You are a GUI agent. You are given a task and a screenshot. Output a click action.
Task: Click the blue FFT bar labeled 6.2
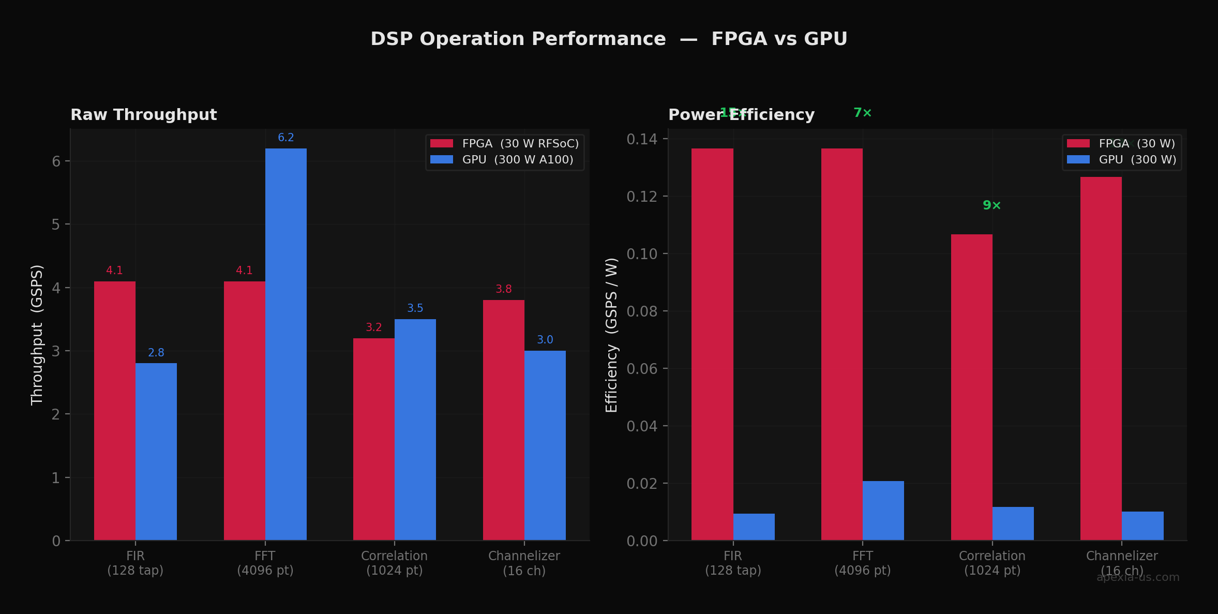[285, 344]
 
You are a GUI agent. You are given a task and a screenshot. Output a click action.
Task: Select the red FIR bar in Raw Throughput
[114, 411]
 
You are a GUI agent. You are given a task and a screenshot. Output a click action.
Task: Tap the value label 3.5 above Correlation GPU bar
[415, 308]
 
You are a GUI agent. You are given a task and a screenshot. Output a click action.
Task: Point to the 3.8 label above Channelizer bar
[503, 289]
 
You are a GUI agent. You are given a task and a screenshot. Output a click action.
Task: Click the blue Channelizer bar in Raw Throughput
[545, 445]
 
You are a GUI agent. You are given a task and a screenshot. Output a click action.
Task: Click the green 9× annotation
[991, 205]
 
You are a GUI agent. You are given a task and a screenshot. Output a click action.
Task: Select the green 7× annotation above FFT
[862, 113]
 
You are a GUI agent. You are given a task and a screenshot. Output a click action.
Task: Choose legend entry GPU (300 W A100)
[517, 160]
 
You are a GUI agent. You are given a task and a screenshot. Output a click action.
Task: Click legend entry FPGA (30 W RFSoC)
[520, 144]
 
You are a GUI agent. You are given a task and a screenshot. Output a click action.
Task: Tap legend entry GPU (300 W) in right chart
[1137, 160]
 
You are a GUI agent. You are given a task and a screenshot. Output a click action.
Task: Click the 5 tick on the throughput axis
[56, 224]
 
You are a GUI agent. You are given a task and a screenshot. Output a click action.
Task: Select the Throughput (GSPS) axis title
[37, 335]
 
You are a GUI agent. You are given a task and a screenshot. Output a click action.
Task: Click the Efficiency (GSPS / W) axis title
[611, 335]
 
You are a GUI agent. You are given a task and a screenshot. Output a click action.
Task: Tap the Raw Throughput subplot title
[143, 115]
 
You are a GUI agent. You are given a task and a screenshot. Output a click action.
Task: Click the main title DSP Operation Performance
[609, 39]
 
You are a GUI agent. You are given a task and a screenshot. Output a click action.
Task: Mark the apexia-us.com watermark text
[1138, 578]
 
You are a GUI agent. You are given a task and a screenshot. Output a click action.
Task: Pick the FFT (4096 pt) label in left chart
[265, 563]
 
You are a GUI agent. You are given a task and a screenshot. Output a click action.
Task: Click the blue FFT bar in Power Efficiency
[883, 511]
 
